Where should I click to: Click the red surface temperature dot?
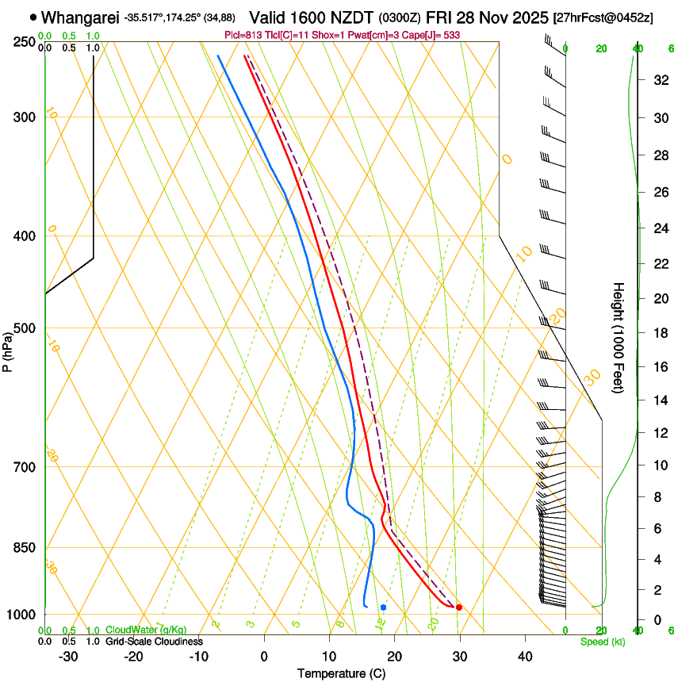(x=459, y=607)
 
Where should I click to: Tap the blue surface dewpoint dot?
(x=383, y=607)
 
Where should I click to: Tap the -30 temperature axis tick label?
(x=68, y=657)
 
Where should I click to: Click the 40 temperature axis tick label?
(x=525, y=657)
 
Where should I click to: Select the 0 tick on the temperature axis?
(x=264, y=657)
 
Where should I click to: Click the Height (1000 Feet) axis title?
(x=619, y=337)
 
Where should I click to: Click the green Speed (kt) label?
(x=602, y=642)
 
